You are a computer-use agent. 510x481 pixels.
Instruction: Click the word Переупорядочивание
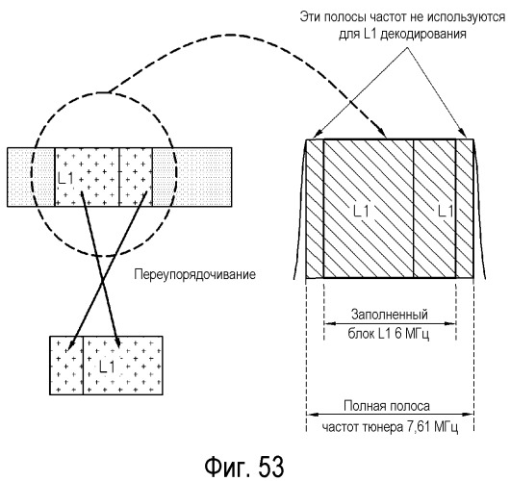194,275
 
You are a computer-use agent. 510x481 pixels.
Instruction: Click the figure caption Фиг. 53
244,466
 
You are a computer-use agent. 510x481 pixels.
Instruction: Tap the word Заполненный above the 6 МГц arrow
390,315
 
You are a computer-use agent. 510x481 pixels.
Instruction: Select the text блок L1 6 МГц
389,334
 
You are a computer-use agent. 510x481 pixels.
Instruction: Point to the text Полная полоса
387,406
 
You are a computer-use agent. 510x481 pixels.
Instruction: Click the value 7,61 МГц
433,427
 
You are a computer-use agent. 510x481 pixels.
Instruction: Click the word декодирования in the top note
423,34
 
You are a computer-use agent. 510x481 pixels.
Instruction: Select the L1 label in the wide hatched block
361,212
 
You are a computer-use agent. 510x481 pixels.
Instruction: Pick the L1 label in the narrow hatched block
446,212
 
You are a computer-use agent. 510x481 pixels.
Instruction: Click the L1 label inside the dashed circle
65,178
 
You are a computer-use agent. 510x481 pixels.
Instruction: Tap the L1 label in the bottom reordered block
107,367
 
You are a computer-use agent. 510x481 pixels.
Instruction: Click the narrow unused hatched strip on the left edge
315,209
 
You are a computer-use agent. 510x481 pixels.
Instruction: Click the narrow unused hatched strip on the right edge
465,209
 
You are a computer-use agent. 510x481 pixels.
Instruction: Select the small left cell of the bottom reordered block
66,366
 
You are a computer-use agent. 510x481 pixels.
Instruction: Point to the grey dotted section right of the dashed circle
192,177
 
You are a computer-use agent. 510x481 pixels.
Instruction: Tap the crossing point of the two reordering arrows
103,277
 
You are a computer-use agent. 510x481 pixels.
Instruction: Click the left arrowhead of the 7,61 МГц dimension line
311,415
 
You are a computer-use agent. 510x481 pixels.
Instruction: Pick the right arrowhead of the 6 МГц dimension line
451,323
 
